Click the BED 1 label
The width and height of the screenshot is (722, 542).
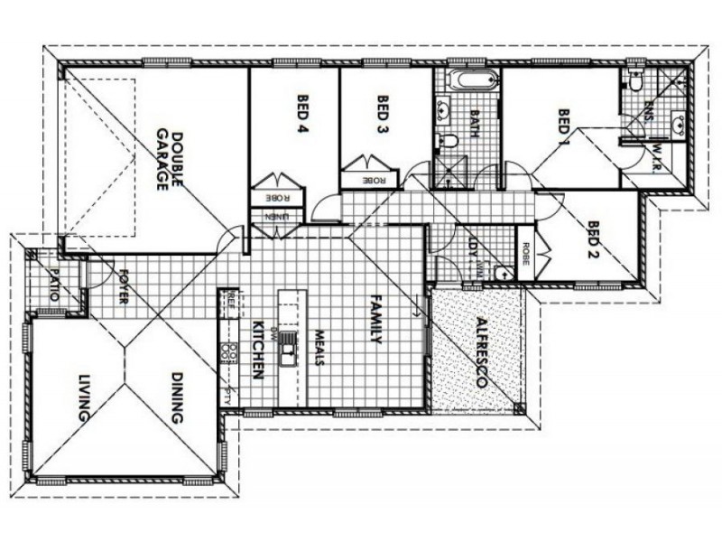point(564,127)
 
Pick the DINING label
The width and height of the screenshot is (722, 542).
point(176,401)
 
